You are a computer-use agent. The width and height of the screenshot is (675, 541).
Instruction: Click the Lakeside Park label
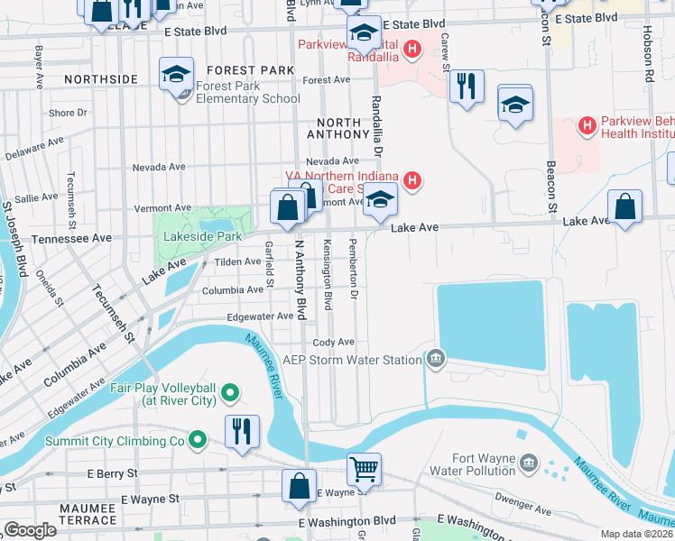(x=203, y=236)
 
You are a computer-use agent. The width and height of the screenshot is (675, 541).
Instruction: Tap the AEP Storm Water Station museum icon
(x=436, y=360)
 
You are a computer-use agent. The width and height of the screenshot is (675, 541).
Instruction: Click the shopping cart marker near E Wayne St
(x=364, y=468)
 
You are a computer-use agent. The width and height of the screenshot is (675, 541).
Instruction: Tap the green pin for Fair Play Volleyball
(x=230, y=392)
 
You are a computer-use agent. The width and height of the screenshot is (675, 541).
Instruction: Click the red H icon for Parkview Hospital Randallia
(x=412, y=48)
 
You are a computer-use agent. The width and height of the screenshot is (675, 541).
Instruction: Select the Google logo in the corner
(x=30, y=530)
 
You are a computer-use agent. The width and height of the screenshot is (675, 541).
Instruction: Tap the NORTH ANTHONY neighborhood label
(x=339, y=122)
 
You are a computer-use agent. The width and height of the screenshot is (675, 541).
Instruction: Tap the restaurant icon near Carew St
(x=466, y=87)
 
